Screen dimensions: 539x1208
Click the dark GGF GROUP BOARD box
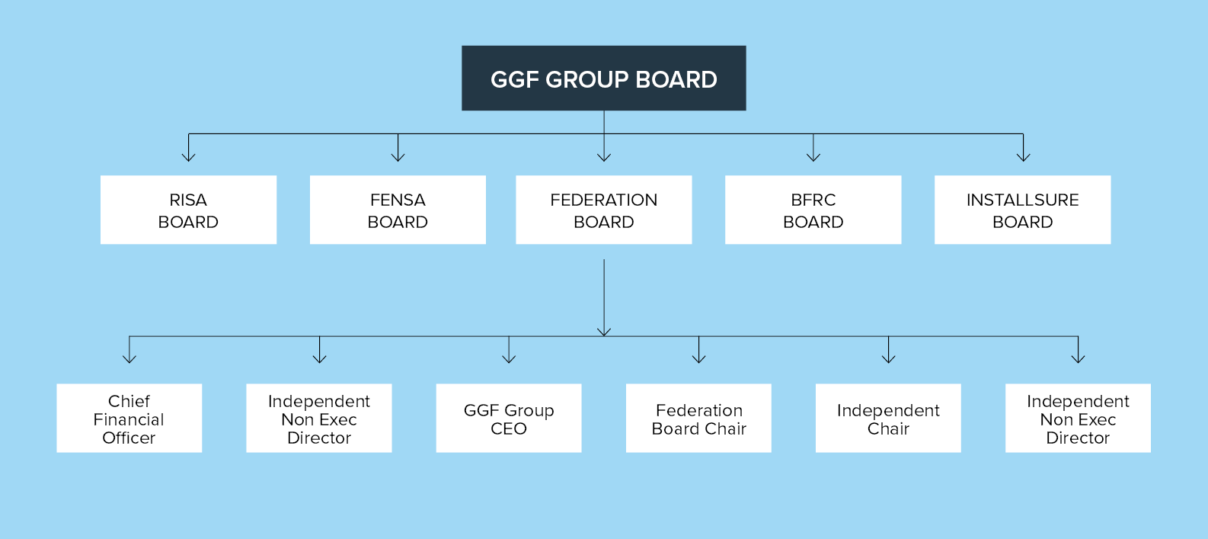(x=603, y=78)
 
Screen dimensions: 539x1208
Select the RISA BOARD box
(x=188, y=210)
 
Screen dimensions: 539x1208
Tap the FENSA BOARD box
(x=398, y=210)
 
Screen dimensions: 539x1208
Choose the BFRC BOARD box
(x=813, y=210)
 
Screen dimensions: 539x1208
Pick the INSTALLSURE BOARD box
(x=1022, y=210)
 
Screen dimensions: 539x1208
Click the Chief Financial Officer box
(x=129, y=418)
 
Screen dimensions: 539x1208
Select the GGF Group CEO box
(x=508, y=418)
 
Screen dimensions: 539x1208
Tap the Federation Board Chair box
(x=698, y=418)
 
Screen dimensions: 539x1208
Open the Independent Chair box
(x=888, y=418)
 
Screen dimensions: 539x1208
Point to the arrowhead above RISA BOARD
(x=188, y=156)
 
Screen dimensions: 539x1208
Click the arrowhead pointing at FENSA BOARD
(x=398, y=156)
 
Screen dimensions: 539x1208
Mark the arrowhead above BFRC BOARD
(x=813, y=156)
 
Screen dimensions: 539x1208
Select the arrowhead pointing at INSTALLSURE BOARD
(x=1023, y=156)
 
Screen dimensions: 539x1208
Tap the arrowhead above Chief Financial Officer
(x=129, y=358)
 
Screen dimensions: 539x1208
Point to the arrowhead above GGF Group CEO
(x=509, y=358)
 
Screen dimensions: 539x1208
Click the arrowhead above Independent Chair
(x=888, y=358)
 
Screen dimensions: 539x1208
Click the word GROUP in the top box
(x=586, y=79)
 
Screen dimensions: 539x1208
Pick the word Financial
(x=129, y=419)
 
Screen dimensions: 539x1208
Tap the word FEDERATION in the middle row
(x=603, y=200)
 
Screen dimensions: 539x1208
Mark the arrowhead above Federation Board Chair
(x=698, y=358)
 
